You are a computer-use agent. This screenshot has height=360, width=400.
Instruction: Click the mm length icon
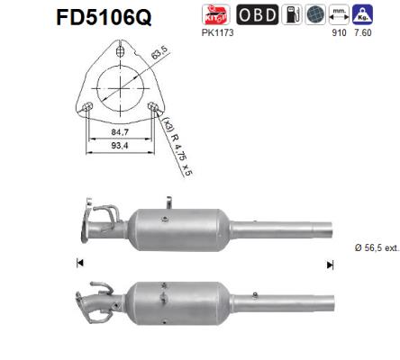(x=340, y=15)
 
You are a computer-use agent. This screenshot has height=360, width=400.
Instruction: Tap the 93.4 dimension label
(x=121, y=154)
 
